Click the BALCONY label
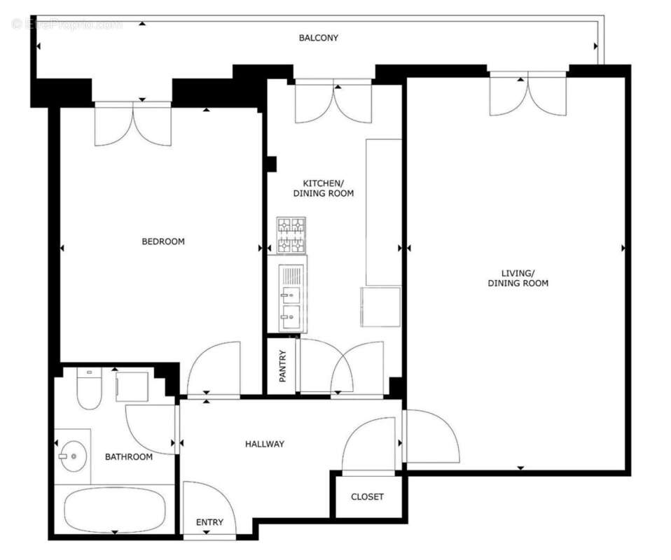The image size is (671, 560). coord(319,38)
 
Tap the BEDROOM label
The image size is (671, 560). coord(163,241)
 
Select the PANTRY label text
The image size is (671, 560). coord(283,365)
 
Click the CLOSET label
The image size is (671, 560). coord(367,497)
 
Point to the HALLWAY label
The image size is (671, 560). coord(265,444)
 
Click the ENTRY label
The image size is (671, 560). coord(209,522)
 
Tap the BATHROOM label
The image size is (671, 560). coord(129,457)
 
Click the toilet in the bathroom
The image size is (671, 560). coord(89,390)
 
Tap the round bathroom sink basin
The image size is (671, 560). coord(72,456)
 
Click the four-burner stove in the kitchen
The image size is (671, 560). coord(291,235)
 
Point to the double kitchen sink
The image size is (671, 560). coord(291,297)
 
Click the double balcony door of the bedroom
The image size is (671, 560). coord(132,124)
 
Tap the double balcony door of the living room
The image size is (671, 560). coord(527,94)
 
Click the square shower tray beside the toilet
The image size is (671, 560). coord(132,387)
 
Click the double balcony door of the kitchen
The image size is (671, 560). coord(333,102)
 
